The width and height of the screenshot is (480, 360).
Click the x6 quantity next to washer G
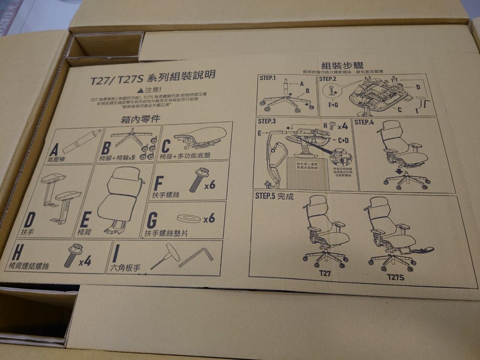209,218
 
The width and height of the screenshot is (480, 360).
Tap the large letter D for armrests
31,221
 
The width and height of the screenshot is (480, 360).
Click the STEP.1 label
267,78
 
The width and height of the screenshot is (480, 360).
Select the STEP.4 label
364,122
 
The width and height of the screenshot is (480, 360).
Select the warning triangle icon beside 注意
140,90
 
